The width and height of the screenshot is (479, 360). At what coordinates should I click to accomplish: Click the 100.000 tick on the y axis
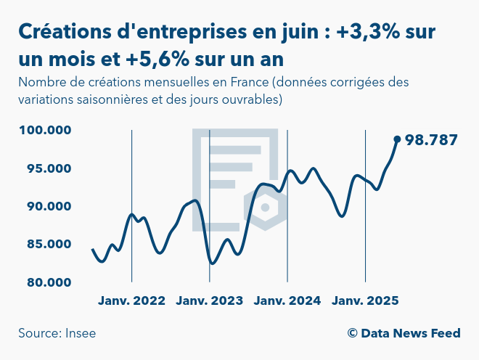pos(44,131)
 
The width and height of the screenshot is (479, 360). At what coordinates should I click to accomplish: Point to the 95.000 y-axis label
pos(45,168)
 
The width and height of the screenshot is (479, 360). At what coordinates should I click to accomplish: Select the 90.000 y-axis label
pos(45,206)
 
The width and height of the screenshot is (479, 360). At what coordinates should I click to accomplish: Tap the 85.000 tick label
pos(45,244)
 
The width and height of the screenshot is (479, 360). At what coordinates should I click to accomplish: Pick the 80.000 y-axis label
pos(45,282)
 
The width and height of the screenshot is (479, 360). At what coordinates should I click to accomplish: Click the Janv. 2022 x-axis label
pos(131,300)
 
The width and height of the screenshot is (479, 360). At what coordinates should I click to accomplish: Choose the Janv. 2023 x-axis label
pos(210,300)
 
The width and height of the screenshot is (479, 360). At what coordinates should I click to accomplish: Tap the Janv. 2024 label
pos(287,300)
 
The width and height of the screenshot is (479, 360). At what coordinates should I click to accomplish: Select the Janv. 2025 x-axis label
pos(365,300)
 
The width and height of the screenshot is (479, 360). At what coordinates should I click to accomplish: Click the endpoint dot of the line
pos(397,139)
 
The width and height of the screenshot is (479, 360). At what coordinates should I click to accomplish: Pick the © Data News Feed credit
pos(404,333)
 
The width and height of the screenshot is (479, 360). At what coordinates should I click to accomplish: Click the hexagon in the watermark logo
pos(265,208)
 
